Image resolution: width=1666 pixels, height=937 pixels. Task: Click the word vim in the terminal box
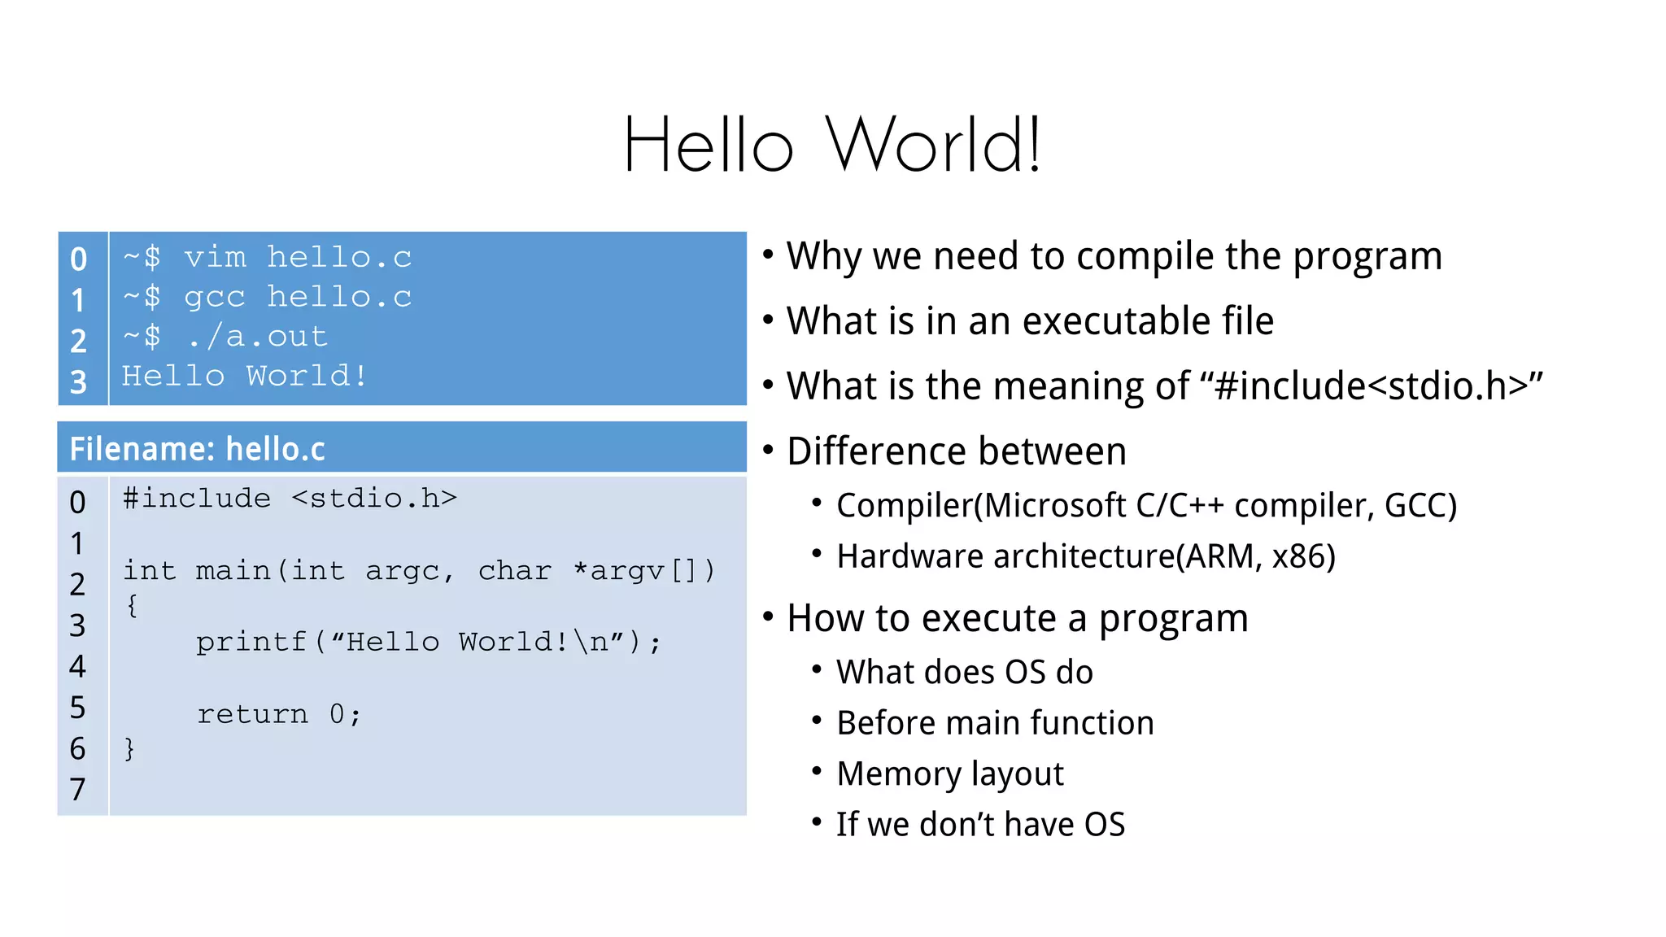tap(215, 258)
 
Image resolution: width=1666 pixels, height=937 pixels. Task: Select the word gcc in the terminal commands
tap(215, 298)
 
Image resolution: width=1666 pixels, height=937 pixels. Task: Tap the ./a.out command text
tap(257, 337)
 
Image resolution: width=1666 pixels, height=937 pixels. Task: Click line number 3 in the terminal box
tap(78, 382)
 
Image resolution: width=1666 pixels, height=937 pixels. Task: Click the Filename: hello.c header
tap(198, 449)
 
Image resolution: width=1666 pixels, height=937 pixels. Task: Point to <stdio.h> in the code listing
tap(374, 498)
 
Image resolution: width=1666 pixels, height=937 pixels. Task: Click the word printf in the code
tap(251, 643)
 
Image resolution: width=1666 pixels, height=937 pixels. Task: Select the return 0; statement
tap(279, 714)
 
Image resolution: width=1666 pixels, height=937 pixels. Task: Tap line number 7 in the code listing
tap(77, 789)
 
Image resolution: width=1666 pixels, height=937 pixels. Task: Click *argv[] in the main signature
tap(643, 571)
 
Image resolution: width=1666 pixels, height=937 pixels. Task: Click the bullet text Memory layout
tap(949, 774)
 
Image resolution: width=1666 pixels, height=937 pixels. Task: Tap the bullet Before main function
tap(994, 723)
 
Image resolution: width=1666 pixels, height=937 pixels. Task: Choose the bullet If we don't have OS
tap(980, 825)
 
